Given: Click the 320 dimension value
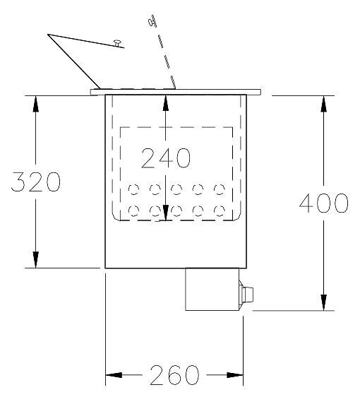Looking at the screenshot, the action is [x=36, y=182].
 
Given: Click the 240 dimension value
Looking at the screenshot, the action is [x=166, y=158].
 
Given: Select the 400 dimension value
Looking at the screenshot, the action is [x=323, y=203].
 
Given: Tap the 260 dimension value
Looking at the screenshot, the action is [x=174, y=375].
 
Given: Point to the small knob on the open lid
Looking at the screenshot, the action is [x=117, y=43].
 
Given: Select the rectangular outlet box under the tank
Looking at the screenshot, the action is [x=212, y=289].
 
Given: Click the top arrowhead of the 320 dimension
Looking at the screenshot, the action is [x=36, y=104].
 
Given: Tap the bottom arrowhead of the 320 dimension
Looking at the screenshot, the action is [x=36, y=260].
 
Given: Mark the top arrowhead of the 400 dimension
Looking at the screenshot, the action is [x=323, y=104].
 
